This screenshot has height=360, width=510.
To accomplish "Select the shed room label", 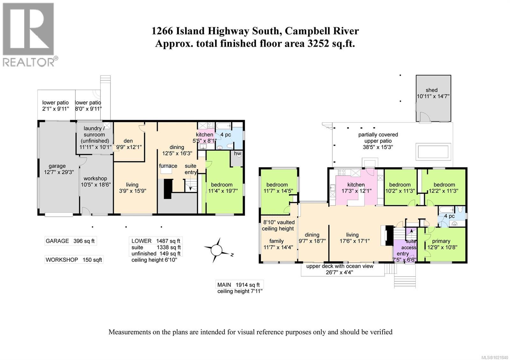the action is tap(432, 90).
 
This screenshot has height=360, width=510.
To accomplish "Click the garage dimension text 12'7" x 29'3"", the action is tap(59, 172).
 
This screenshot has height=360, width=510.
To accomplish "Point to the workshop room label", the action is tap(95, 179).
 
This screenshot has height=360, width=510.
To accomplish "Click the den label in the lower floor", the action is tap(128, 141).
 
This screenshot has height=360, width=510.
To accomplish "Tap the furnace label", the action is tap(168, 166).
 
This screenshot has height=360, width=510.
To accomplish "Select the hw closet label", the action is tap(237, 153).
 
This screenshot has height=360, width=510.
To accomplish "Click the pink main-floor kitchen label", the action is tap(356, 184).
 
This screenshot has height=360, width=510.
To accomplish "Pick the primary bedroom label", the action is tap(441, 241).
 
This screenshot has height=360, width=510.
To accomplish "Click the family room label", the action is tap(276, 241).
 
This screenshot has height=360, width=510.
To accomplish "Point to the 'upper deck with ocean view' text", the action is tap(340, 266).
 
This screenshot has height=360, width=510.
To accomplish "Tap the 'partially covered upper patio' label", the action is tap(378, 138).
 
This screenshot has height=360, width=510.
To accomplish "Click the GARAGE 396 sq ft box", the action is tap(70, 241).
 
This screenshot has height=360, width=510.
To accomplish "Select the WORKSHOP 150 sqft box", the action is tap(74, 260).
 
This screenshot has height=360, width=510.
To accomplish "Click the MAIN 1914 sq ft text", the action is tap(238, 285).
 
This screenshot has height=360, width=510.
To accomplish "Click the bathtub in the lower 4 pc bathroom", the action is tap(223, 126).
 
